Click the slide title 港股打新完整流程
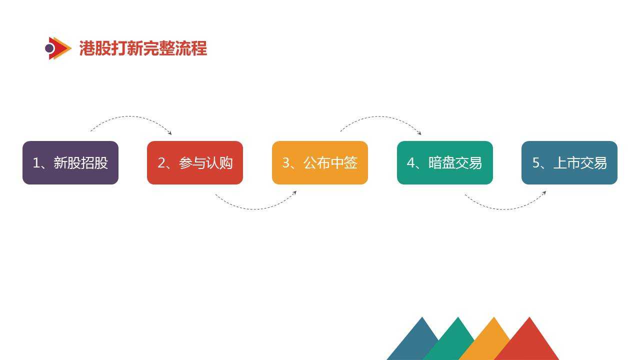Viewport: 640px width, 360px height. (x=143, y=48)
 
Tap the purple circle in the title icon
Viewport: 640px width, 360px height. (x=49, y=48)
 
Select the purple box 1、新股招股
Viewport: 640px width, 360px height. (x=70, y=162)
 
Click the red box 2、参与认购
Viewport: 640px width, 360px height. (x=195, y=162)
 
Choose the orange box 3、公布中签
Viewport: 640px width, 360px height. (x=320, y=162)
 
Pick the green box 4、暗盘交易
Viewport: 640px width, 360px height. (x=445, y=162)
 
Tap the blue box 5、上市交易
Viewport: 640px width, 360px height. (x=569, y=162)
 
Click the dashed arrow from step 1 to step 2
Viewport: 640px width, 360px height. (x=130, y=116)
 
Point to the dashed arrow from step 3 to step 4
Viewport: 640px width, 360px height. (x=380, y=116)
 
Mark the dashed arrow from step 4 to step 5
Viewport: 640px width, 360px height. (x=504, y=209)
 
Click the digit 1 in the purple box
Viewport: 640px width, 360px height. (x=36, y=163)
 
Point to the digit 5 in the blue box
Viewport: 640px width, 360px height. (x=535, y=163)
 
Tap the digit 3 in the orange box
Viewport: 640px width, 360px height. (x=286, y=163)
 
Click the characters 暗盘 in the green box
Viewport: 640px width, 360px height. (x=441, y=163)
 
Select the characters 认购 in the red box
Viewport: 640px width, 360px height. (x=219, y=163)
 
